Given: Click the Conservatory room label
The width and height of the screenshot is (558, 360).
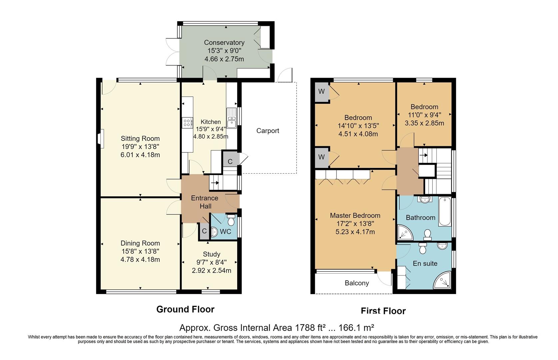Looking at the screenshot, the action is (x=224, y=43).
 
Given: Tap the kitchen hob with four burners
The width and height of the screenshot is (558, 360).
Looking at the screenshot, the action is (x=187, y=123).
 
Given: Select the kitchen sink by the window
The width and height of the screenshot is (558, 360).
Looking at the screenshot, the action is (x=232, y=118).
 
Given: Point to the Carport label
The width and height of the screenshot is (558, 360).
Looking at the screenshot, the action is (x=268, y=131).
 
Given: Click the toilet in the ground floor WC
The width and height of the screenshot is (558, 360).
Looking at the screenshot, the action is (x=231, y=219).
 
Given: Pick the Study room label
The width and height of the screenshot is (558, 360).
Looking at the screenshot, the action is (x=212, y=254).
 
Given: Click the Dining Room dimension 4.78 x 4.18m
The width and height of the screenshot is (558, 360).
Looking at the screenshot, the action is (x=140, y=260).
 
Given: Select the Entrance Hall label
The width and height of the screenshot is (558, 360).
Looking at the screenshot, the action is (x=205, y=202).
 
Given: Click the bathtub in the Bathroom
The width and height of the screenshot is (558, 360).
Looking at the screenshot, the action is (x=445, y=212).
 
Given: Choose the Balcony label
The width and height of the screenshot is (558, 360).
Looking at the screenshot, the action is (x=357, y=283).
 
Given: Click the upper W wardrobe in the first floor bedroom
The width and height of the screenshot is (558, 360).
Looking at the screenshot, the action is (x=322, y=92).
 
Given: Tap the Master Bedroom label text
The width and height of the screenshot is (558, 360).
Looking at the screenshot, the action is (x=355, y=216).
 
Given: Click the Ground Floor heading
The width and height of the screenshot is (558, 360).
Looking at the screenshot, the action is (x=185, y=309).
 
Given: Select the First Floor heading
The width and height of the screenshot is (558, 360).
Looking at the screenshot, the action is (x=383, y=311).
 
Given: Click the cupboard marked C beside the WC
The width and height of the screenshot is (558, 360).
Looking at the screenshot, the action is (x=204, y=231).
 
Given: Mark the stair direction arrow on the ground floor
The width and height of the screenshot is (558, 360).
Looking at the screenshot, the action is (x=215, y=183).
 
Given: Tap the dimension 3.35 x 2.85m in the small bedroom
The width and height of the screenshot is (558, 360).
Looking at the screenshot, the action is (x=424, y=123).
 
